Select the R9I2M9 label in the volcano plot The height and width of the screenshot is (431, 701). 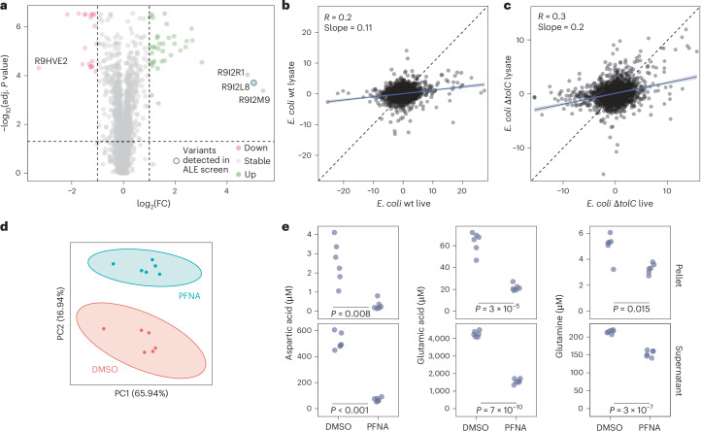[253, 100]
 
